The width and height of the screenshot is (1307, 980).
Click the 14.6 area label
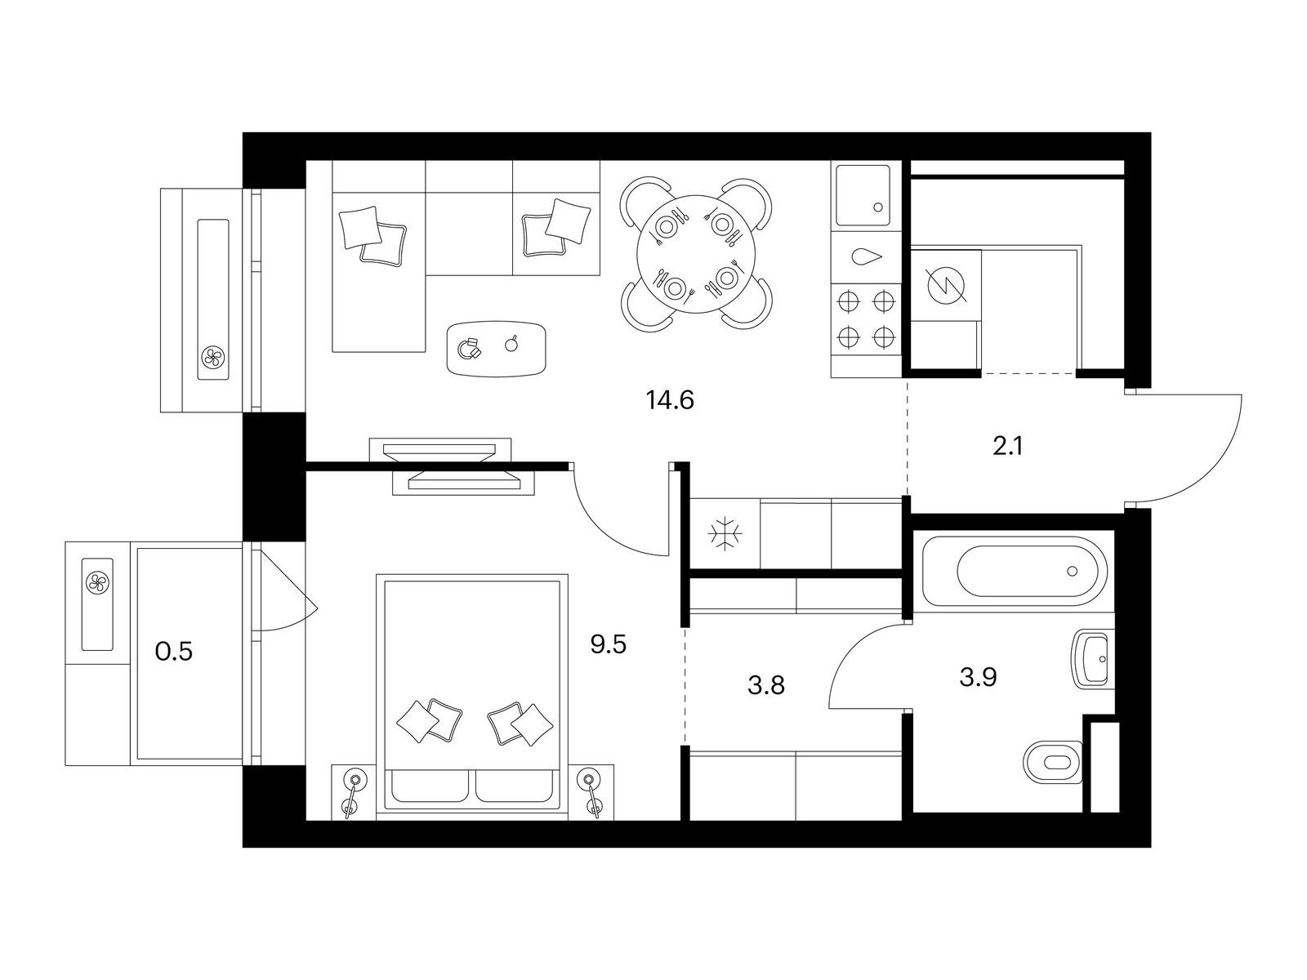tap(670, 400)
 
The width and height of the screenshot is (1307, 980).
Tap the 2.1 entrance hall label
tap(1007, 446)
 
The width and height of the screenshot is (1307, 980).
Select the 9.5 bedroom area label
tap(608, 644)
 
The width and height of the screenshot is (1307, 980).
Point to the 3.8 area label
tap(766, 685)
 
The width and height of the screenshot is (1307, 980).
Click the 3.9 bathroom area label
tap(979, 677)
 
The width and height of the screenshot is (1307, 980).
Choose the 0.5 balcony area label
tap(174, 652)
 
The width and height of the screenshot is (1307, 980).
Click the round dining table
tap(696, 254)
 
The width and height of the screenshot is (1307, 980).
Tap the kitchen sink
tap(863, 196)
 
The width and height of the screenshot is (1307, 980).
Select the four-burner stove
tap(867, 319)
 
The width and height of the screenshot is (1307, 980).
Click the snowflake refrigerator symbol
tap(724, 533)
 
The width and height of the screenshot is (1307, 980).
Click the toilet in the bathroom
tap(1053, 762)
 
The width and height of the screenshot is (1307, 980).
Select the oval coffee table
tap(496, 349)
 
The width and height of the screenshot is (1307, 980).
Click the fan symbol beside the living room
tap(212, 356)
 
